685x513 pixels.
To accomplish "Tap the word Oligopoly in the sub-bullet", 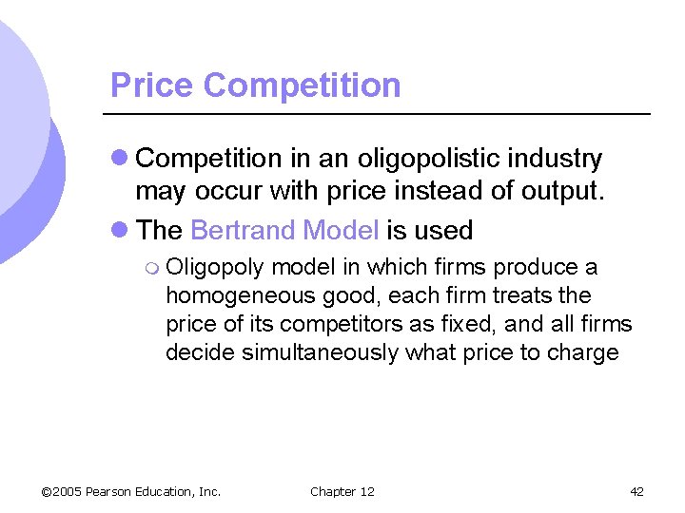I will click(x=215, y=268).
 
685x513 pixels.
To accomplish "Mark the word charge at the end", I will click(x=585, y=352).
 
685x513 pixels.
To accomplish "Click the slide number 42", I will click(x=636, y=491).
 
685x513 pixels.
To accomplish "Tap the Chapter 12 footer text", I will click(x=342, y=491).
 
